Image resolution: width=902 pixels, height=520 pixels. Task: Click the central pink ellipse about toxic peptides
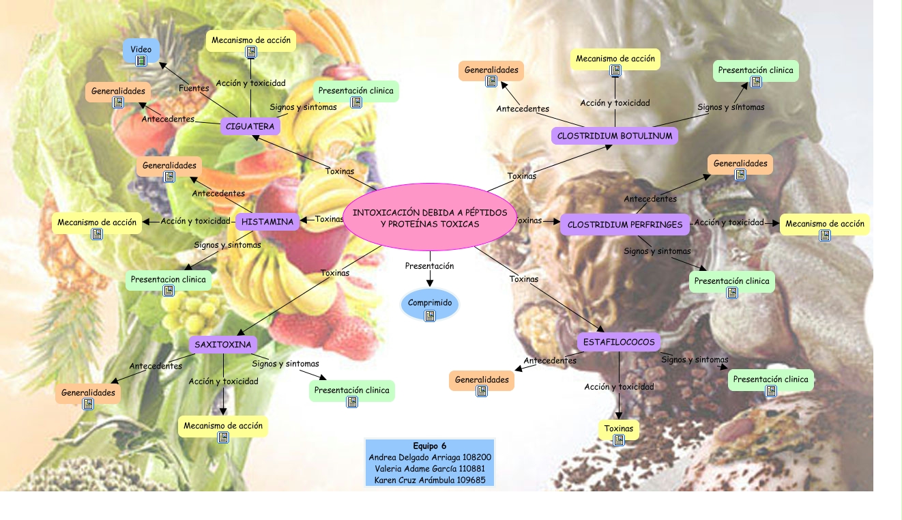click(429, 218)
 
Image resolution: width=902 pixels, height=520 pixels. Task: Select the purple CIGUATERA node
click(250, 126)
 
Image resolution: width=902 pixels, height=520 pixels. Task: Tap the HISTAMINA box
click(267, 222)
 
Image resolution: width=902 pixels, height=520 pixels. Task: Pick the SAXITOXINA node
click(223, 344)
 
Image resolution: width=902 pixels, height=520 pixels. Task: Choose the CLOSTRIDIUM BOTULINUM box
click(614, 136)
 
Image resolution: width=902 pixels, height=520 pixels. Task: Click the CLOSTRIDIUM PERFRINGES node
click(624, 225)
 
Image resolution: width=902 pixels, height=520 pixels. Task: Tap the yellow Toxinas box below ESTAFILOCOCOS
click(619, 429)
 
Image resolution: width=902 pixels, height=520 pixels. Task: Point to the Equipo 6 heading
click(429, 446)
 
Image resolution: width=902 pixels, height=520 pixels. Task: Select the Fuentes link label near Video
click(194, 89)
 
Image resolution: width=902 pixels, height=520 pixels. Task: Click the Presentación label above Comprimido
click(429, 266)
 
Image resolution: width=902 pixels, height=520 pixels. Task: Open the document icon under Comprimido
click(430, 316)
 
